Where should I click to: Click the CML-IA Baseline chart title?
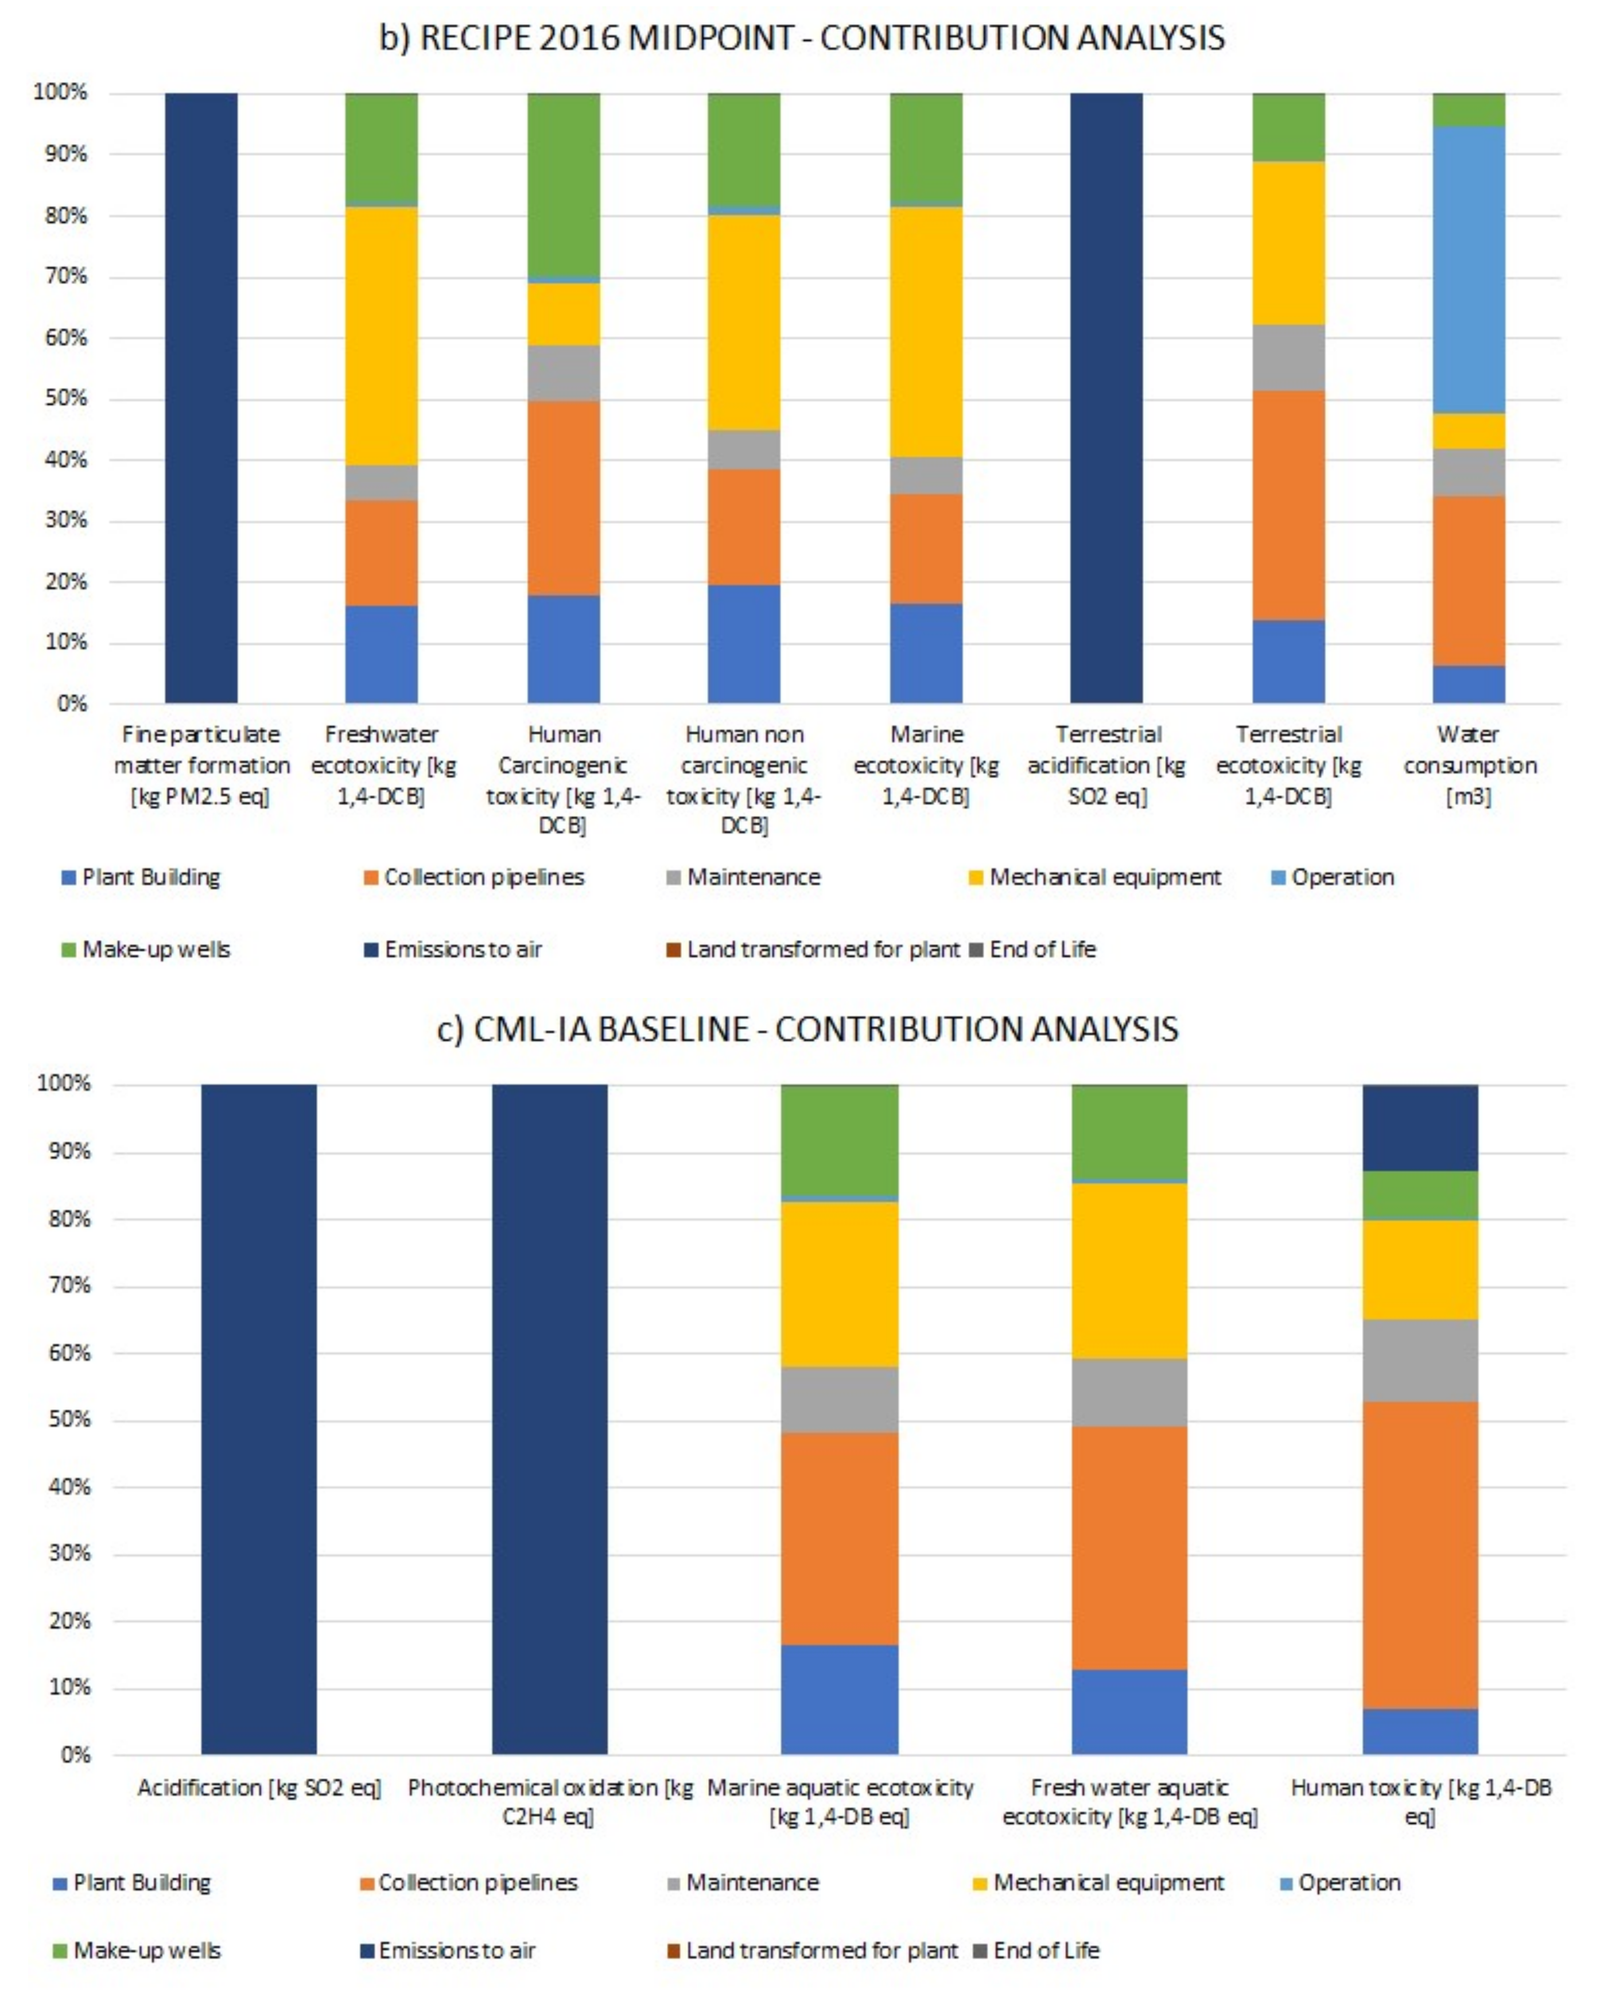tap(807, 1029)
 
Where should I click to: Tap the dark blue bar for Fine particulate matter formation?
tap(201, 398)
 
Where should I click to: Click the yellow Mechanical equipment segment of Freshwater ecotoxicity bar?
tap(382, 335)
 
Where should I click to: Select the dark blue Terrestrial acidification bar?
tap(1106, 398)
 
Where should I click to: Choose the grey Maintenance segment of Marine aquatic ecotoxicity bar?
tap(840, 1400)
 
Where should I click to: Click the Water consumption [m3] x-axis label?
tap(1469, 765)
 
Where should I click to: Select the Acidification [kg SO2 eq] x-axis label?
tap(259, 1788)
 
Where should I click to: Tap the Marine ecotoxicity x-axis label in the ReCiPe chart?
tap(926, 765)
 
